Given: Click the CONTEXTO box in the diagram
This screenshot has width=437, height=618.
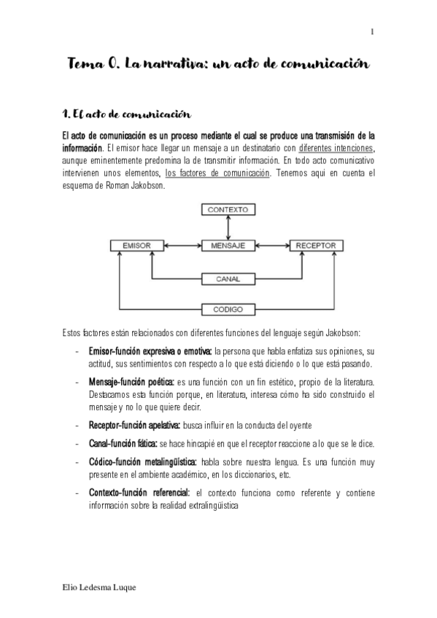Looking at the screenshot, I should click(228, 209).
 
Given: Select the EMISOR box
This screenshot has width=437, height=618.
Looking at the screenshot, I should click(136, 246).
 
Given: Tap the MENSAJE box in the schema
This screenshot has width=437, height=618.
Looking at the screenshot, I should click(228, 246).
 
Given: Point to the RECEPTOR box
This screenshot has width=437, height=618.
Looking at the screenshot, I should click(316, 246).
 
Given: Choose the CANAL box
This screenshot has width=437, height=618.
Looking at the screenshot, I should click(228, 278).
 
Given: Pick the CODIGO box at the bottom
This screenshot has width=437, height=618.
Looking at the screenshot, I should click(228, 309).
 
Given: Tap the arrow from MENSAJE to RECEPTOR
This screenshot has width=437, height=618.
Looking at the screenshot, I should click(274, 246).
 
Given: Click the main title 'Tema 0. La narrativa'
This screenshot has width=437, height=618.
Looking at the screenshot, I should click(218, 64).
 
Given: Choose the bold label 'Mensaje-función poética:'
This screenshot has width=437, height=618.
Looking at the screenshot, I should click(131, 382).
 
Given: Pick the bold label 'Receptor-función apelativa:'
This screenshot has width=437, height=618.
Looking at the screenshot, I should click(134, 424).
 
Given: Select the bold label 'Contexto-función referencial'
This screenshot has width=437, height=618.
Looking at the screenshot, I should click(138, 493).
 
